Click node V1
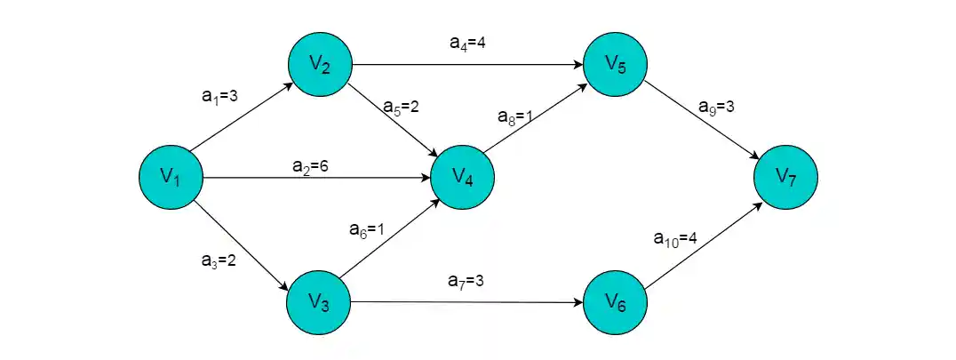pos(171,178)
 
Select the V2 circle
pos(320,64)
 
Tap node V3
pos(319,302)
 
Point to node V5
pos(615,64)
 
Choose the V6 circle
pos(615,303)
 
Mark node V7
pos(785,178)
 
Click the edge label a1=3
pos(219,96)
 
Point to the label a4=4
pos(467,43)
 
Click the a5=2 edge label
pos(401,107)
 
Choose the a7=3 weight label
pos(466,282)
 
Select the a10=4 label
pos(675,238)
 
